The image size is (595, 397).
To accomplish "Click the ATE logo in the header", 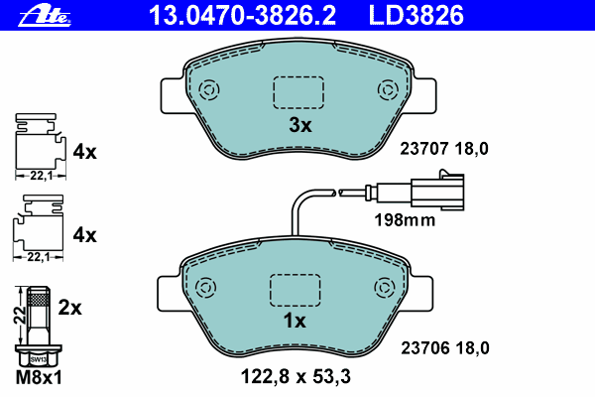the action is pyautogui.click(x=45, y=17).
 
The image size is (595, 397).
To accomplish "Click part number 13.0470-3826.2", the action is pyautogui.click(x=242, y=16).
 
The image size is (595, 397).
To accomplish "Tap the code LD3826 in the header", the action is pyautogui.click(x=416, y=16).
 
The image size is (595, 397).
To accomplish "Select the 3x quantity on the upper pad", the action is pyautogui.click(x=300, y=125).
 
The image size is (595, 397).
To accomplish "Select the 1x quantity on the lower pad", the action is pyautogui.click(x=295, y=321).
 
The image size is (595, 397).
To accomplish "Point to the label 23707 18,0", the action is pyautogui.click(x=444, y=149).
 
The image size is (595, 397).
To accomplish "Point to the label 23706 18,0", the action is pyautogui.click(x=445, y=348).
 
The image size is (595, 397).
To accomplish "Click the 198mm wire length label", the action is pyautogui.click(x=405, y=220).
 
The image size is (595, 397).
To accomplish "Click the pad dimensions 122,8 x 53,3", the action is pyautogui.click(x=296, y=376).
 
